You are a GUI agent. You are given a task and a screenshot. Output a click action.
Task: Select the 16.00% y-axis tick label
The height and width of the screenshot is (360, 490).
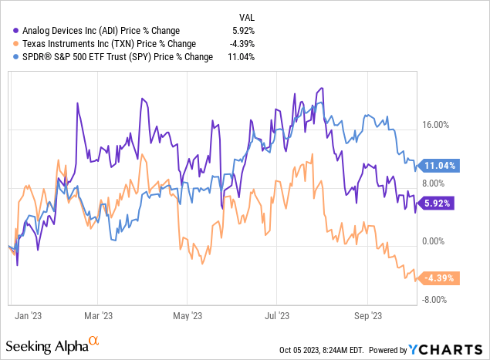coord(436,125)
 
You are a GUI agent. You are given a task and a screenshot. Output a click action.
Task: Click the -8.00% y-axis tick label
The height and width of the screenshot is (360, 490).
coord(436,300)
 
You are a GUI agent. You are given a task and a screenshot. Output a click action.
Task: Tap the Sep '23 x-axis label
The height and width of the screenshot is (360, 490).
coord(367,315)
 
